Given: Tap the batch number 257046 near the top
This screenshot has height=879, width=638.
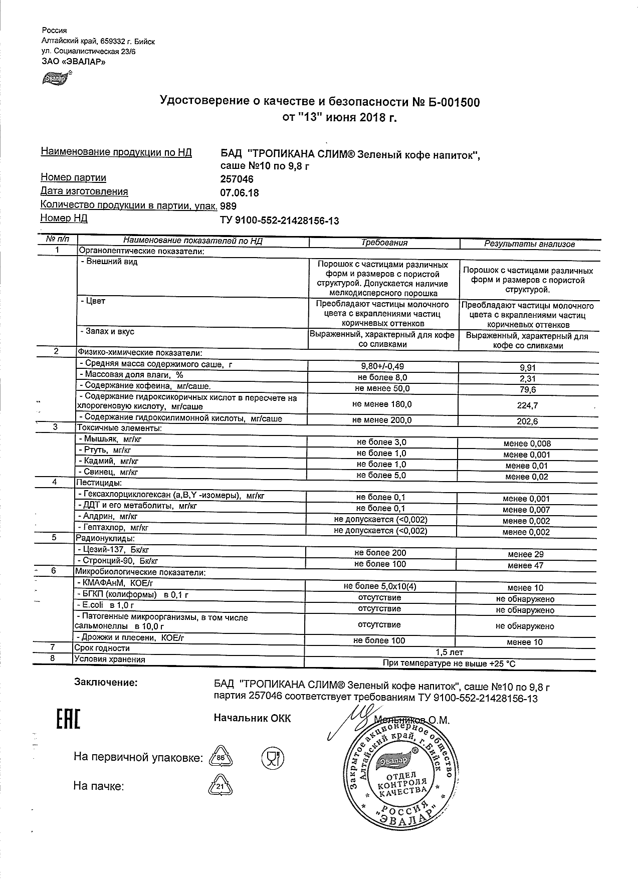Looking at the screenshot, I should pyautogui.click(x=237, y=179).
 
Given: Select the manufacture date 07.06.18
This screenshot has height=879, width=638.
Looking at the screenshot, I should pyautogui.click(x=240, y=192).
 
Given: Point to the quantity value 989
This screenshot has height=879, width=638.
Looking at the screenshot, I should pyautogui.click(x=228, y=206).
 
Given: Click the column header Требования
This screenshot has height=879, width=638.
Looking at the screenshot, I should pyautogui.click(x=384, y=243).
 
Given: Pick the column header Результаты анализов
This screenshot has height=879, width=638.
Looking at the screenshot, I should pyautogui.click(x=529, y=244).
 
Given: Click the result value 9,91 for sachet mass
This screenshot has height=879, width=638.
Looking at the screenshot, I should pyautogui.click(x=527, y=367).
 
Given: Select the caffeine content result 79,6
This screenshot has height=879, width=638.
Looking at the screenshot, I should pyautogui.click(x=527, y=389).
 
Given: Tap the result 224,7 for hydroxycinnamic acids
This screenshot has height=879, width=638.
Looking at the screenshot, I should pyautogui.click(x=527, y=405).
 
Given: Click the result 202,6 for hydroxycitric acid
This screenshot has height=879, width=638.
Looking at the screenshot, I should pyautogui.click(x=527, y=421).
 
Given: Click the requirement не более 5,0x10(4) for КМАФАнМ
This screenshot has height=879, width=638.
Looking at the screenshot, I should pyautogui.click(x=380, y=586).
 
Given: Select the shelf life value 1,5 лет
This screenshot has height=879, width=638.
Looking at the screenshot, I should pyautogui.click(x=449, y=652).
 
